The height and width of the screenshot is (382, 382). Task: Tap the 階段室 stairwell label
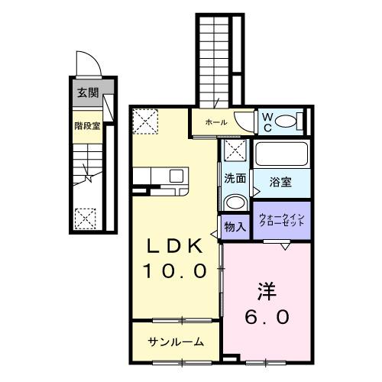(86, 126)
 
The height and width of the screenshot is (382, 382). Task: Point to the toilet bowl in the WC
(286, 121)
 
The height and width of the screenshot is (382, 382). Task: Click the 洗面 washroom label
(235, 180)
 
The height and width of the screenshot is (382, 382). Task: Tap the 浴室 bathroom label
(281, 182)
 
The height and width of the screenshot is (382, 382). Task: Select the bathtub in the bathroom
(281, 154)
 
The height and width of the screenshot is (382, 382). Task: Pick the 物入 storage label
(235, 226)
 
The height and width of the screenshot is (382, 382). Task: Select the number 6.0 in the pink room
(268, 316)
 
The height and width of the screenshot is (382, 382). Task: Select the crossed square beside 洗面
(234, 151)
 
